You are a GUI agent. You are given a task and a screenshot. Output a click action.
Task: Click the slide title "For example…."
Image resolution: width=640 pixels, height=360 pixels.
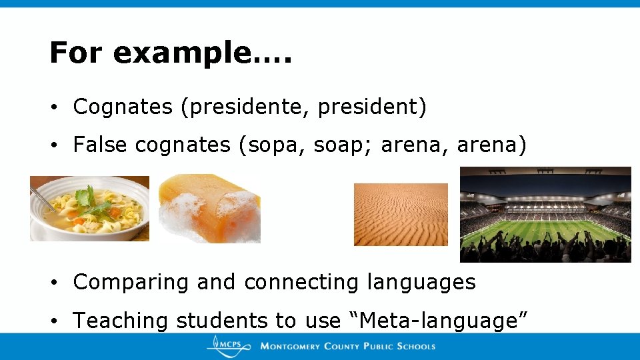pyautogui.click(x=171, y=53)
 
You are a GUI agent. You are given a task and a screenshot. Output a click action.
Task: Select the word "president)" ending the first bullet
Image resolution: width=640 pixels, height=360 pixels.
pyautogui.click(x=372, y=107)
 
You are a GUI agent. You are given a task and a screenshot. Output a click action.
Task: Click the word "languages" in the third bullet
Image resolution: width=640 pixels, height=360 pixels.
pyautogui.click(x=421, y=283)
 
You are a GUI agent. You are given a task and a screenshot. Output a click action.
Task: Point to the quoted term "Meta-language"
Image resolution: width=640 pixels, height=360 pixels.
pyautogui.click(x=439, y=321)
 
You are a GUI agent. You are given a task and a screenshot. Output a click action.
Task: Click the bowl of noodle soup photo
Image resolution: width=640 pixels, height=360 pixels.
pyautogui.click(x=89, y=208)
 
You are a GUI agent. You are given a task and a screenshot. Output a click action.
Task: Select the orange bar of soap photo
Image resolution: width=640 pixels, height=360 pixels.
pyautogui.click(x=209, y=208)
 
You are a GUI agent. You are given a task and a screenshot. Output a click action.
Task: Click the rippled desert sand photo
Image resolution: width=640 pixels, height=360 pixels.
pyautogui.click(x=401, y=215)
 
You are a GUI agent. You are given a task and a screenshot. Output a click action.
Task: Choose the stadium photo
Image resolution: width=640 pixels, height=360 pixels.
pyautogui.click(x=545, y=214)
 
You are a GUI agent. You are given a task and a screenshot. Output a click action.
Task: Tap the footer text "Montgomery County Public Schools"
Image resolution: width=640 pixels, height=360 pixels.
pyautogui.click(x=347, y=346)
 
